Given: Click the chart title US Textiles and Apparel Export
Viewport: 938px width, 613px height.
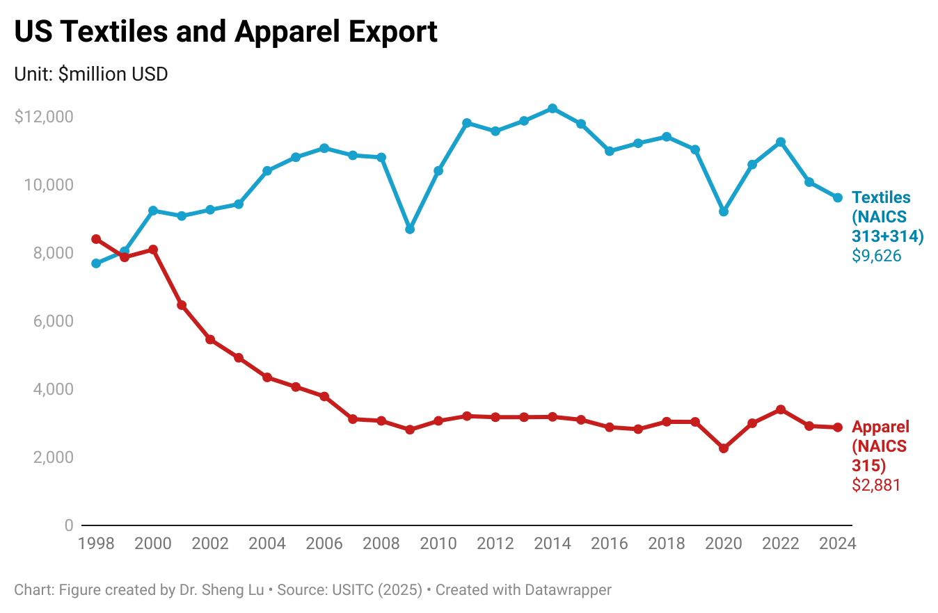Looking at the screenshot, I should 226,32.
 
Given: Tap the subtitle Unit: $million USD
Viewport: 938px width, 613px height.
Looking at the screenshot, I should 91,74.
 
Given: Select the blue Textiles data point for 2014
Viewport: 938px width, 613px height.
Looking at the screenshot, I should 553,108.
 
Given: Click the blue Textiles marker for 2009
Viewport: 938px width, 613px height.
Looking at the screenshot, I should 410,229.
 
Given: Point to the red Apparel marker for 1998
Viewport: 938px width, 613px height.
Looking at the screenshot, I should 96,239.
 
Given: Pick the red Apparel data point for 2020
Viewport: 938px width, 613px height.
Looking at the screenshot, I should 724,448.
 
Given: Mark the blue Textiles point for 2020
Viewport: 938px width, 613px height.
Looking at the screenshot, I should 724,211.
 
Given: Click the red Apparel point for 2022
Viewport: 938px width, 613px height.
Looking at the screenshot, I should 781,409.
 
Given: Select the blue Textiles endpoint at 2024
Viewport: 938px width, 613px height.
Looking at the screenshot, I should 838,197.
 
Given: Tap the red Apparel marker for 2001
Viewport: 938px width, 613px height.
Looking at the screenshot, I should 182,305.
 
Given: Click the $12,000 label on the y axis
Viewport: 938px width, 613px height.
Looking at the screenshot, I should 44,117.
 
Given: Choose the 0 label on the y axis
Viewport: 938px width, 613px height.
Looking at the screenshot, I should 68,525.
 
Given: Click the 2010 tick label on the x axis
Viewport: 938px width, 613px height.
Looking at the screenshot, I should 438,543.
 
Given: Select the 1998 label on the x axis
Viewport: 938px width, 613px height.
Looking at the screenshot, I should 96,543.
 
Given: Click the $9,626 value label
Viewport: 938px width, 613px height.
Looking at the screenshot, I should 876,256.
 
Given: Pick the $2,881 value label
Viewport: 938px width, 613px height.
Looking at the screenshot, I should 876,485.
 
